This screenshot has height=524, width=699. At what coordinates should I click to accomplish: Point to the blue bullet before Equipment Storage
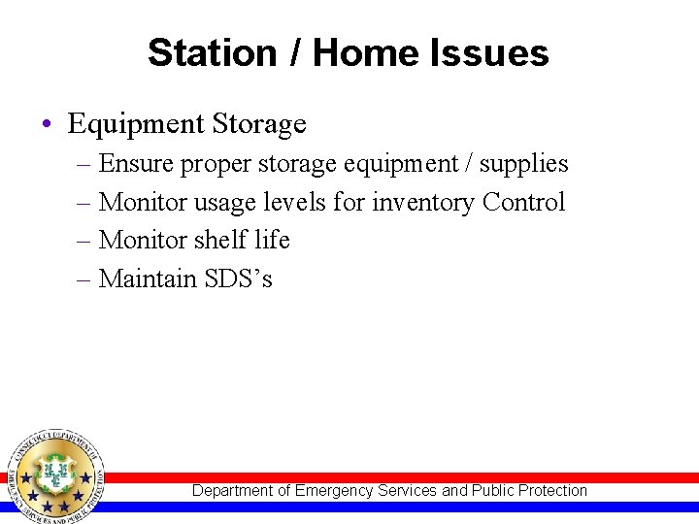click(48, 125)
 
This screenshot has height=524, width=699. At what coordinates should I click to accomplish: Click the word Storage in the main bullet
click(259, 124)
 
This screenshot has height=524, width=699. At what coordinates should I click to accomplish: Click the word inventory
click(423, 202)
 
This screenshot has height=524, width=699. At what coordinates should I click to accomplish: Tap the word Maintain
click(149, 278)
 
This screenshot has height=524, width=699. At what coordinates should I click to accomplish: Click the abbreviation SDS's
click(239, 278)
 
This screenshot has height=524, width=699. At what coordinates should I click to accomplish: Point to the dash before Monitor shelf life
click(84, 241)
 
